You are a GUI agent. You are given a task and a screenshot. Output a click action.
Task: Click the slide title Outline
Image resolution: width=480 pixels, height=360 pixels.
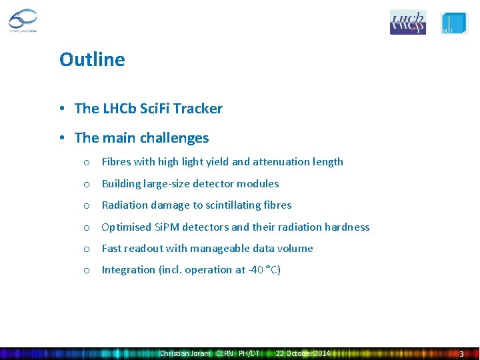(92, 59)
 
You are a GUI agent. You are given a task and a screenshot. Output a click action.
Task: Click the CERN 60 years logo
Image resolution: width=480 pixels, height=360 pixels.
(23, 21)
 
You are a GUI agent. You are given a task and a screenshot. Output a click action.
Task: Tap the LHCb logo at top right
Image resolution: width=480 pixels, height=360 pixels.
(407, 22)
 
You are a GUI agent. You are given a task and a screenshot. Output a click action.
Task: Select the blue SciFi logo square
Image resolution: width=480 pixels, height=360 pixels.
(454, 22)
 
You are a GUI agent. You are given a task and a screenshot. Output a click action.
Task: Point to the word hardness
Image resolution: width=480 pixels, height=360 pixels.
(347, 227)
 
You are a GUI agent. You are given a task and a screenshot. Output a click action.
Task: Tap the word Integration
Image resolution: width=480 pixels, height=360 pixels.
(129, 269)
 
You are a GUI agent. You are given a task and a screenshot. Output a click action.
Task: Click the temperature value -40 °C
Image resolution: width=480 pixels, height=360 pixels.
(263, 269)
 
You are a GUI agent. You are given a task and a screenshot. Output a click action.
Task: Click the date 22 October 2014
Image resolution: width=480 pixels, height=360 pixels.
(303, 353)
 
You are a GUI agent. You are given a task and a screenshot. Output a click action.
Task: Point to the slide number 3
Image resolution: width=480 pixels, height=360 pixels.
(461, 353)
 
